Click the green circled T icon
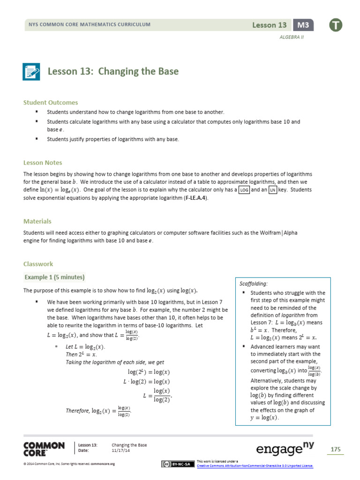(336, 25)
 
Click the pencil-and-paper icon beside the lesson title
(32, 72)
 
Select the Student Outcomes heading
(51, 102)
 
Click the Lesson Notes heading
(43, 163)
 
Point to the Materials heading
(37, 221)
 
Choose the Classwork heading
(38, 264)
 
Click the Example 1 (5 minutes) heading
(54, 277)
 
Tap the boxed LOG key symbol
(244, 190)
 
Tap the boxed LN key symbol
(273, 190)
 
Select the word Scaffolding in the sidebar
(253, 284)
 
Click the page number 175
(335, 450)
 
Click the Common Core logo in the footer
(44, 449)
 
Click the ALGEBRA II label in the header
(292, 37)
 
